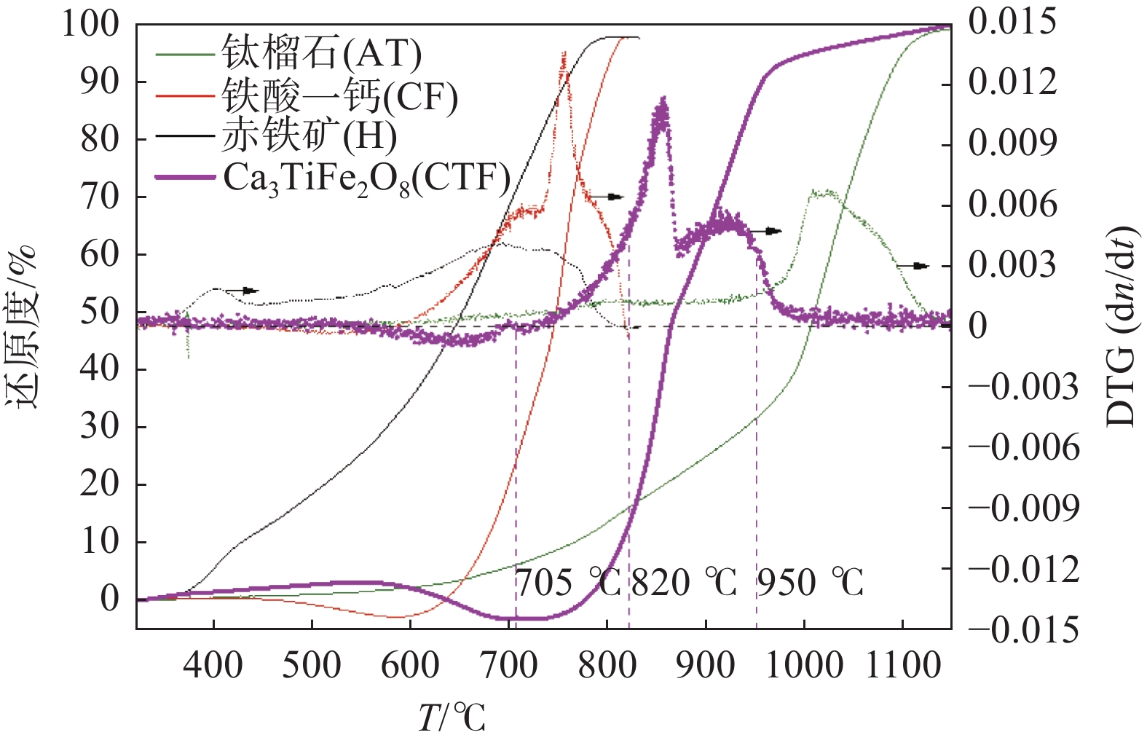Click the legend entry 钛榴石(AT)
(321, 52)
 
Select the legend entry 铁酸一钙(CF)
(339, 96)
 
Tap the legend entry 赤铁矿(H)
(309, 136)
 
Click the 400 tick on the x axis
(213, 665)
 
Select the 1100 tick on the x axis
(903, 665)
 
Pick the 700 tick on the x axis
(508, 665)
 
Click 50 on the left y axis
(100, 312)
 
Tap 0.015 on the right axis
(1012, 22)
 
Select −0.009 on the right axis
(1023, 508)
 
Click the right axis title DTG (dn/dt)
(1121, 326)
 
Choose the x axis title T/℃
(452, 717)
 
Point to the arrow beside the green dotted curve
(913, 266)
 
